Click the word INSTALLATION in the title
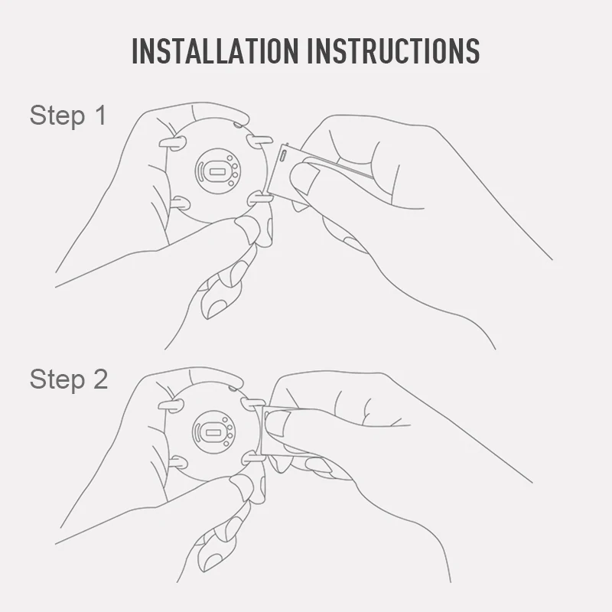point(216,50)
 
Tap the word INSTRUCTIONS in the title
point(394,50)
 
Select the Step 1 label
point(68,116)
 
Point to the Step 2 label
point(69,379)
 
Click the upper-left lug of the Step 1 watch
point(171,142)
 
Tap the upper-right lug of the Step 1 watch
point(259,141)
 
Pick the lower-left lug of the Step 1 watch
point(181,203)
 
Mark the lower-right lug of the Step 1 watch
point(260,198)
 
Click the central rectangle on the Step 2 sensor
point(213,432)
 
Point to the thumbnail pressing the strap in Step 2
point(278,424)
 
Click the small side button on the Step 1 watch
point(238,125)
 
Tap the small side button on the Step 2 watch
point(233,389)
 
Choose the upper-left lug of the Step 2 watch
point(171,405)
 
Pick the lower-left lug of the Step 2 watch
point(179,463)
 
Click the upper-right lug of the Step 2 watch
point(253,404)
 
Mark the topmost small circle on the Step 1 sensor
point(230,159)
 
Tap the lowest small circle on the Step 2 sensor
point(226,444)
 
